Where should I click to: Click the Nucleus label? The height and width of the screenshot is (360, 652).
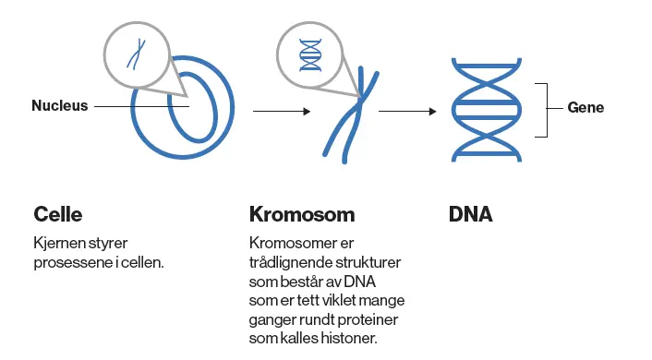pos(59,106)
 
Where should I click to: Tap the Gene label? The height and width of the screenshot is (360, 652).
pos(586,108)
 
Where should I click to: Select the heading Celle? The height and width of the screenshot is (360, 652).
pos(57,215)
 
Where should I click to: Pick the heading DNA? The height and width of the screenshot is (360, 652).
pos(471,215)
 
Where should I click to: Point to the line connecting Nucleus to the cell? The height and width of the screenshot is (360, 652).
pos(139,106)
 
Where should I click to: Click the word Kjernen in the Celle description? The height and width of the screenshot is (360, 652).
pos(57,244)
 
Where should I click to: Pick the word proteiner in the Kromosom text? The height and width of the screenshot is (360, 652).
pos(373,320)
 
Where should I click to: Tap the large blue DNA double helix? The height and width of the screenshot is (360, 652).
pos(479,108)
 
